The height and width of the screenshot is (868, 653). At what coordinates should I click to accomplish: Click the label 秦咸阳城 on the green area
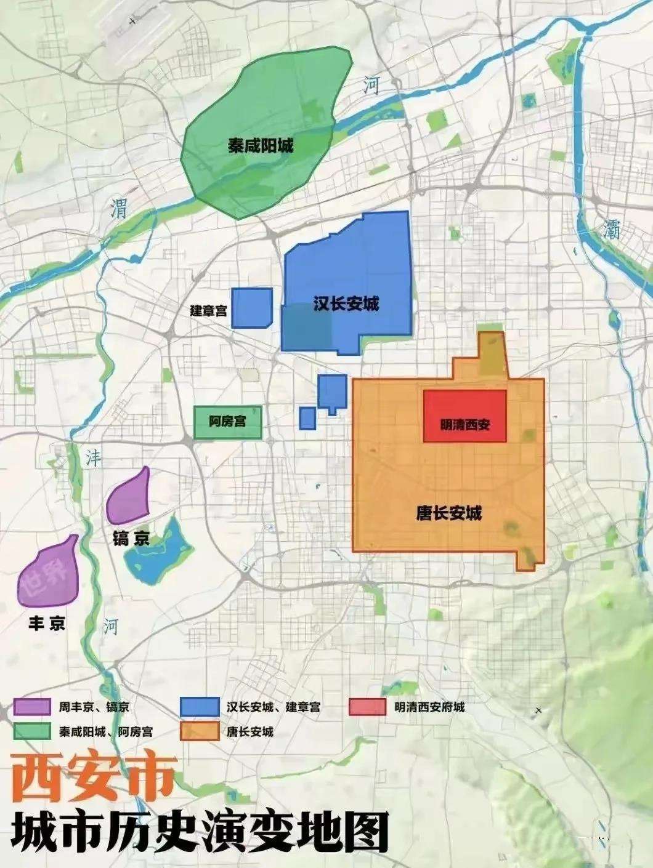coord(261,146)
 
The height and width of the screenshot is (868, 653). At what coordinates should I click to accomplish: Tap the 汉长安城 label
coord(346,303)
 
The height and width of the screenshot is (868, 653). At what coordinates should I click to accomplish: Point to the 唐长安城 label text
coord(448,513)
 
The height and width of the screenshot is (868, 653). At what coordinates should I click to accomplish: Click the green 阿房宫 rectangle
coord(227,422)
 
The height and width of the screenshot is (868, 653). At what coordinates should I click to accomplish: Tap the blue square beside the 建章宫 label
coord(251,307)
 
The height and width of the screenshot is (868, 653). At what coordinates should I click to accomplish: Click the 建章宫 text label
coord(208,311)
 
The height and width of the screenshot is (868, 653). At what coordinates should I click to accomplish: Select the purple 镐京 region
coord(129,496)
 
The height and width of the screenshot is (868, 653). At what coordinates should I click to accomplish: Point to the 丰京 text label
coord(47,624)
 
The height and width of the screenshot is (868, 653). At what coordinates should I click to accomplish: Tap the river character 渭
coord(118,209)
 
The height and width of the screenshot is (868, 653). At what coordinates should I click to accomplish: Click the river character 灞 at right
coord(611,230)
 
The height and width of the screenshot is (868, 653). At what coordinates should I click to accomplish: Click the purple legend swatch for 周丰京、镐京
coord(31,707)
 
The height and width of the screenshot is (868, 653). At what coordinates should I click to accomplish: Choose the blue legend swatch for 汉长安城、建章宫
coord(199,707)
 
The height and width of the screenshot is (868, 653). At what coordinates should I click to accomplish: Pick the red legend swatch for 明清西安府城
coord(367,707)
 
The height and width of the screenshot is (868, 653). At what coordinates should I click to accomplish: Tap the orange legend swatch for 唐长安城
coord(199,731)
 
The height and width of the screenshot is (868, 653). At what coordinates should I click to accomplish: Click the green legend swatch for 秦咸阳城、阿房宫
coord(31,731)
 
